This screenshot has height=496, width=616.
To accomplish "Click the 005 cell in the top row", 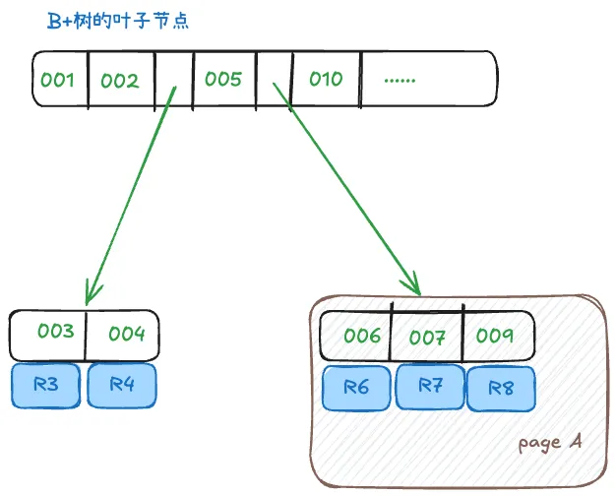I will point(223,80).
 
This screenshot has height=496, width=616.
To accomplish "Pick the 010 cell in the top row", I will point(326,80).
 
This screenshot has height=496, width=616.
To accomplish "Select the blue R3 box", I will point(45,385).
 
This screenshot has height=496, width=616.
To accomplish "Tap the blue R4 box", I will point(122,385).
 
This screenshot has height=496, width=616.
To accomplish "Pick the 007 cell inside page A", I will point(428,337).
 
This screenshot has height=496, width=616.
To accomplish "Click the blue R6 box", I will point(356,387).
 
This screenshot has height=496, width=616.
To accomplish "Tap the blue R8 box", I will point(500,389).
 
